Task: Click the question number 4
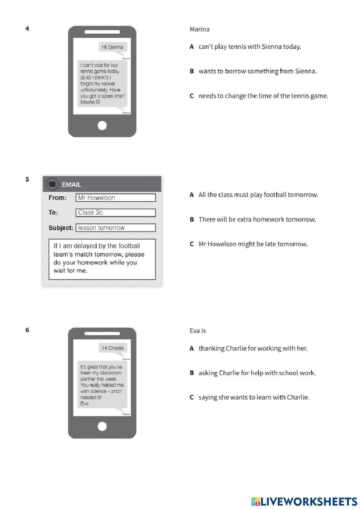click(x=27, y=28)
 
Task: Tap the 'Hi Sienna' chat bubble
click(x=112, y=47)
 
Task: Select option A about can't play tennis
click(x=249, y=46)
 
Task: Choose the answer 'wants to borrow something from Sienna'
click(x=257, y=71)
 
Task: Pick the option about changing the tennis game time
click(x=263, y=96)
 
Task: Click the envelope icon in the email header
click(x=52, y=184)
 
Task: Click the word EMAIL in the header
click(x=71, y=184)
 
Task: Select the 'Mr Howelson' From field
click(x=116, y=197)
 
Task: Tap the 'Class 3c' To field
click(x=116, y=213)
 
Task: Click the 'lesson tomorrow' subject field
click(x=116, y=228)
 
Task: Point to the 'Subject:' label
click(x=60, y=228)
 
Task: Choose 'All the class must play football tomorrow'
click(x=258, y=195)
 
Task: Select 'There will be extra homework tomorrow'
click(x=257, y=219)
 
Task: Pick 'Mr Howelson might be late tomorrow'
click(x=253, y=244)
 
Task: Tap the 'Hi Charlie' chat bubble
click(x=113, y=348)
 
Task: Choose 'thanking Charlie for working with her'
click(x=253, y=348)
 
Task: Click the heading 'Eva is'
click(x=198, y=331)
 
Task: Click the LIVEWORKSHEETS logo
click(x=304, y=501)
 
